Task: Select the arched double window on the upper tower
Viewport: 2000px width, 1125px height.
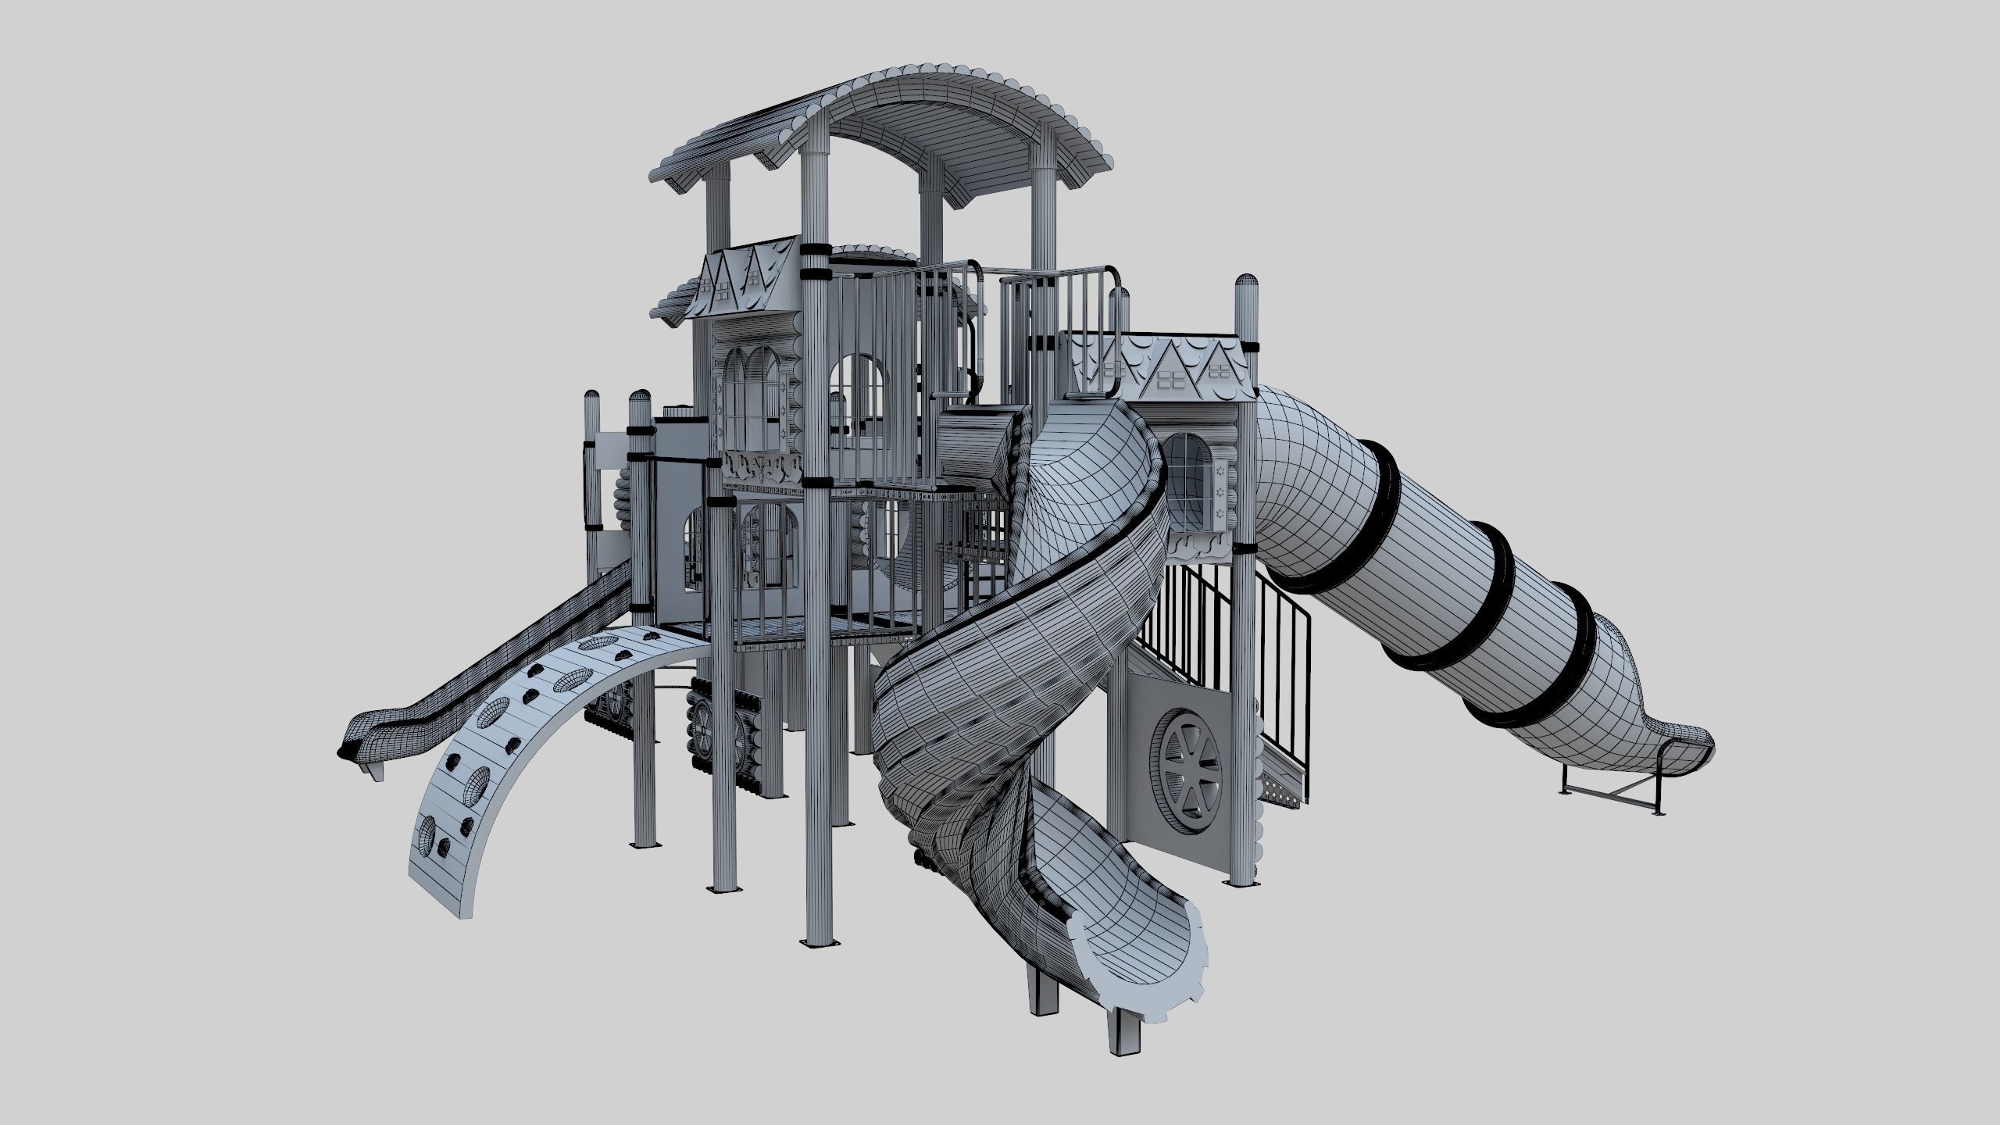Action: [750, 398]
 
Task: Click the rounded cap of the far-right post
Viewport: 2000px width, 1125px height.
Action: [1246, 289]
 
